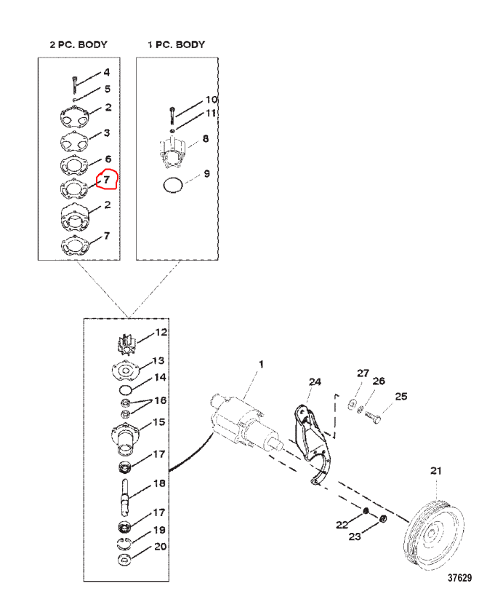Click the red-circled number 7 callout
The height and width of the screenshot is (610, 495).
[x=106, y=179]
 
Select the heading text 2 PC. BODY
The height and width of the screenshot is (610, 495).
[x=79, y=44]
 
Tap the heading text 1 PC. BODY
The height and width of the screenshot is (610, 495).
[x=177, y=44]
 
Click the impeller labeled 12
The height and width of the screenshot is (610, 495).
[x=126, y=344]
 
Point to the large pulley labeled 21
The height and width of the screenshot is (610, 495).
[x=434, y=535]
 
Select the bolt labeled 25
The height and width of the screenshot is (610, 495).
[x=373, y=417]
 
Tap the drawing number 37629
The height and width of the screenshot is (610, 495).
[x=459, y=578]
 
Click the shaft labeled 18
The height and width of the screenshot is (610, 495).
[x=124, y=497]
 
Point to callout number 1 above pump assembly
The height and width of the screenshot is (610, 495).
[x=261, y=364]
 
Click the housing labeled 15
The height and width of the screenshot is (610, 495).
[x=125, y=439]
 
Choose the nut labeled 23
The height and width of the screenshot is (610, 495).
[x=382, y=518]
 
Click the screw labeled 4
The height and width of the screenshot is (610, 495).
[x=74, y=85]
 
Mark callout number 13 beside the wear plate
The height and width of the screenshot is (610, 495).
[x=158, y=360]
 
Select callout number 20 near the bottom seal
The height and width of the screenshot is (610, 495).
[x=161, y=547]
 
